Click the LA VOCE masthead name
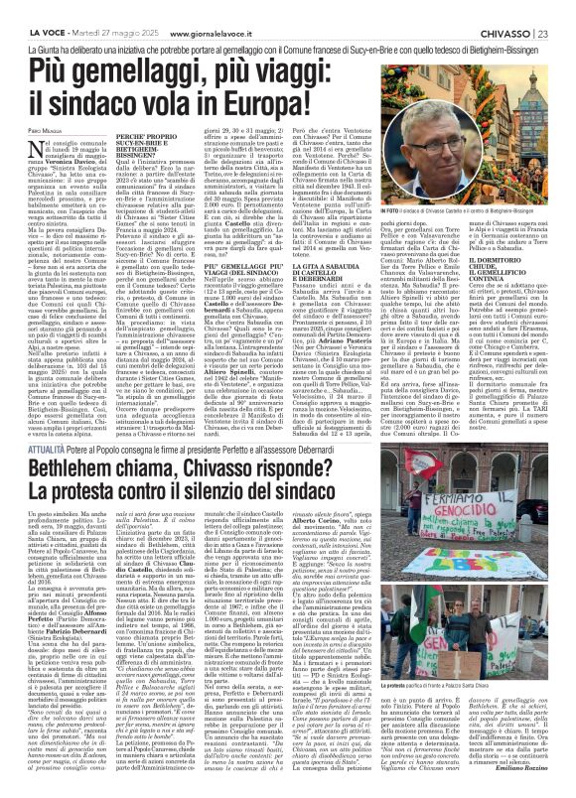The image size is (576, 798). [29, 9]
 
